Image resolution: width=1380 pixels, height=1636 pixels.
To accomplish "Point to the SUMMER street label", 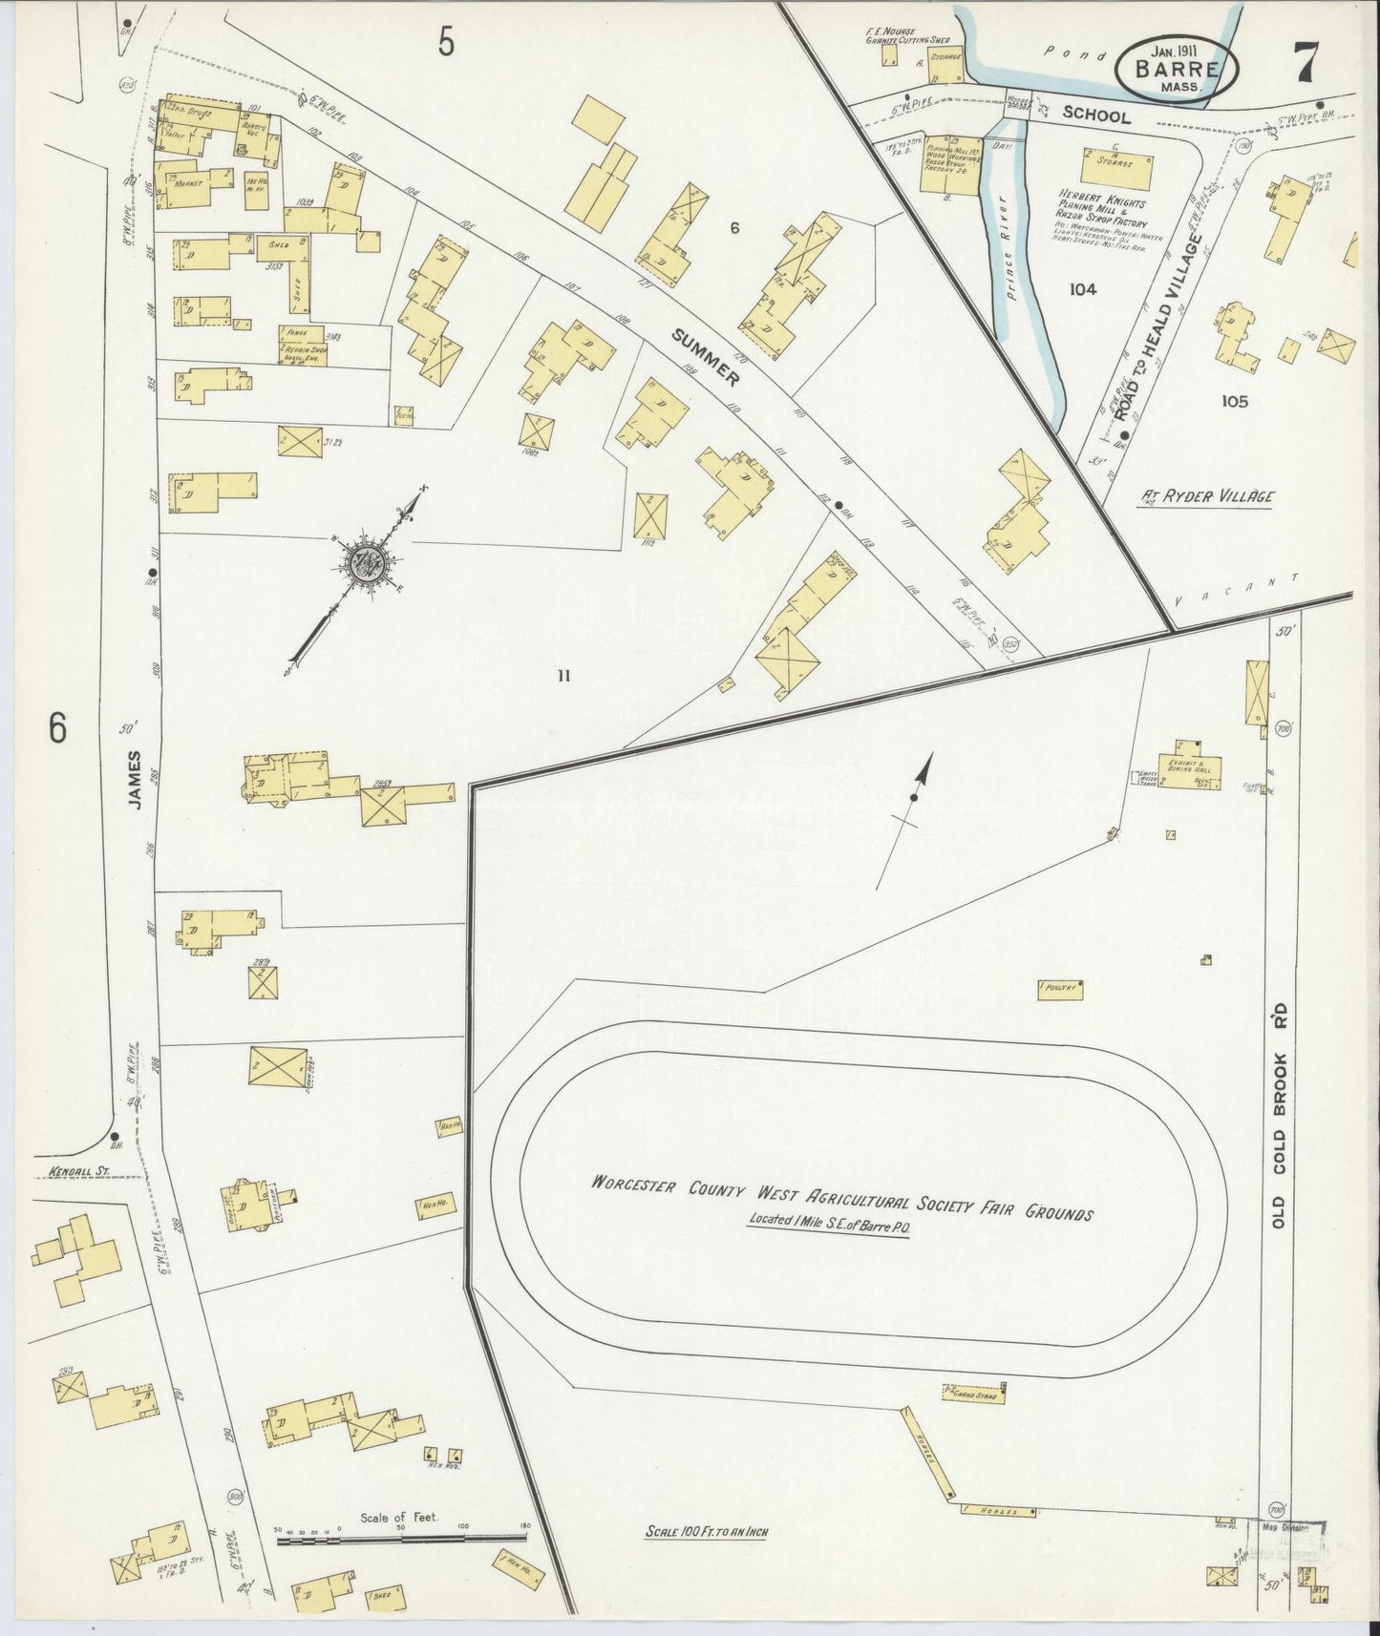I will tap(706, 358).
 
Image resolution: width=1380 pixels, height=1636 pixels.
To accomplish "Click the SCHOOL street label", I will tap(1096, 116).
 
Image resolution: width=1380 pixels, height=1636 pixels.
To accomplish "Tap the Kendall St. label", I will tap(73, 1169).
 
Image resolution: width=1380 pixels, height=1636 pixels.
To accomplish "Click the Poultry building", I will tap(1060, 990).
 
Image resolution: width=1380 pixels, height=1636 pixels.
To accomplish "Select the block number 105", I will tap(1234, 401).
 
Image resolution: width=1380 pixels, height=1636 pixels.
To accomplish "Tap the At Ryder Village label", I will tap(1208, 496).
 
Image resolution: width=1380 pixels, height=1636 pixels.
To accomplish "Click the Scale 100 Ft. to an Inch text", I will tap(707, 1533).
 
